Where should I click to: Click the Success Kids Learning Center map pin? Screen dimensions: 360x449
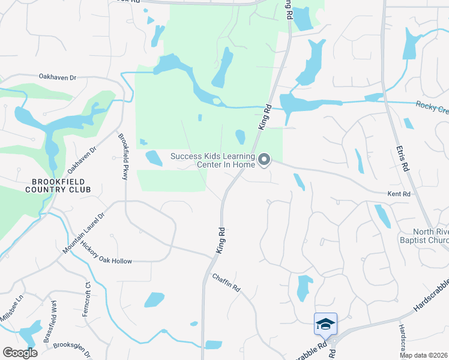264,159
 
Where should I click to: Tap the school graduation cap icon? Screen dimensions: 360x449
325,325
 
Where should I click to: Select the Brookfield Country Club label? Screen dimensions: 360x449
58,185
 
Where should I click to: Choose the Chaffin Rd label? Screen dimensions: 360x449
226,283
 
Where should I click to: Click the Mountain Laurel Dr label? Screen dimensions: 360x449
84,232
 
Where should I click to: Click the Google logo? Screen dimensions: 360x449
20,353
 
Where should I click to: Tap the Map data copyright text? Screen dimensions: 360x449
423,355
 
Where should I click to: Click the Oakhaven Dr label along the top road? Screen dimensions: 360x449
58,77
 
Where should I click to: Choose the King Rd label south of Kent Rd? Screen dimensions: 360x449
221,239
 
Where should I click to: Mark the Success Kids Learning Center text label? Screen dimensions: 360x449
212,160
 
